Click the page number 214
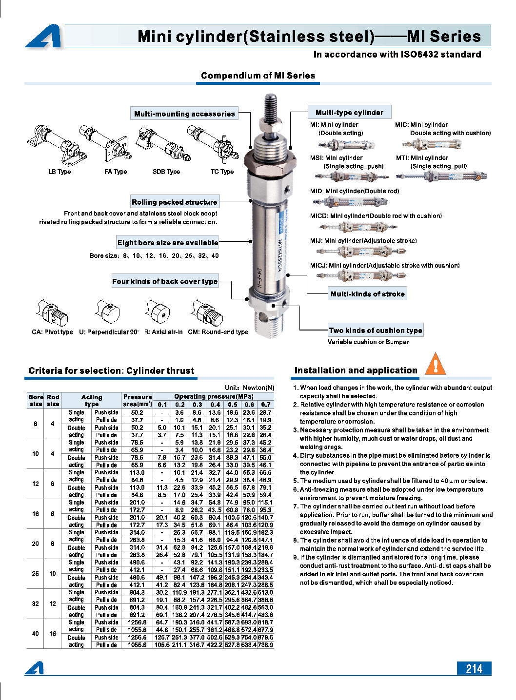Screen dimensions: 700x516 pos(474,668)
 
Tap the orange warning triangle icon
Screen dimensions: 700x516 pos(435,364)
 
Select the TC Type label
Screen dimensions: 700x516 pos(222,172)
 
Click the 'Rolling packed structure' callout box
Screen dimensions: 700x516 pos(174,202)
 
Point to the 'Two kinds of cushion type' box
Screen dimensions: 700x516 pos(375,330)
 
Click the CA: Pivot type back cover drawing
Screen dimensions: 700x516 pos(51,314)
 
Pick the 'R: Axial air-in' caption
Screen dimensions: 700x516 pos(163,332)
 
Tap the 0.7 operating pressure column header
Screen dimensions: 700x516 pos(265,405)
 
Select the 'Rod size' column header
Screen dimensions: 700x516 pos(53,400)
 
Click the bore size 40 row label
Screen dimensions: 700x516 pos(35,634)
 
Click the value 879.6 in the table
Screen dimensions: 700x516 pos(265,637)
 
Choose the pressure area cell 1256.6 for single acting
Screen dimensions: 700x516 pos(137,622)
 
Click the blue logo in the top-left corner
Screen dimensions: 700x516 pos(44,37)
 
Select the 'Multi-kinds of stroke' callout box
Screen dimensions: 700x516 pos(367,294)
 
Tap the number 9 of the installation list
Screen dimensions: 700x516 pos(296,557)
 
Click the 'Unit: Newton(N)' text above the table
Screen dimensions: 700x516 pos(249,388)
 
